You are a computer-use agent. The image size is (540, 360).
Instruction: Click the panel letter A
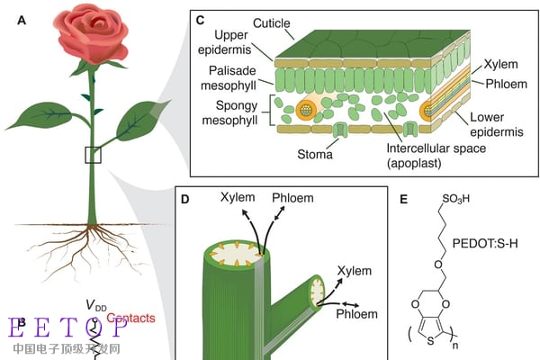(x=20, y=18)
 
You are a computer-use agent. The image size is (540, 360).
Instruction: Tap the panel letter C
(x=199, y=17)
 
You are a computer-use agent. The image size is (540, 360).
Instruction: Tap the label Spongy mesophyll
(x=221, y=112)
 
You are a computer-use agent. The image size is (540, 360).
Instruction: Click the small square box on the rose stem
(x=94, y=154)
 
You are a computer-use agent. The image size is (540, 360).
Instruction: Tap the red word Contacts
(x=131, y=318)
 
